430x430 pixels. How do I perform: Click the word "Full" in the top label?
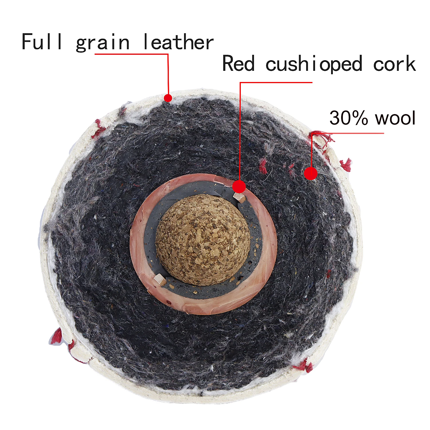[42, 42]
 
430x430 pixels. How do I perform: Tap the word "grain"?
[103, 43]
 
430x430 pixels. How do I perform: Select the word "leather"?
[178, 42]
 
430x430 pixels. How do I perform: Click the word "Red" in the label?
[239, 63]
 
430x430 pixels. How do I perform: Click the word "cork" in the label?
[394, 64]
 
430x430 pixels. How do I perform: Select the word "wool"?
[396, 118]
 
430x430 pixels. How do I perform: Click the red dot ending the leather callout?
[168, 98]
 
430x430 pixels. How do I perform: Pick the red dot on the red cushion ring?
[239, 187]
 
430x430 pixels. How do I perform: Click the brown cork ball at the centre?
[203, 240]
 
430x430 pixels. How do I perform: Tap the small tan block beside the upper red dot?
[239, 198]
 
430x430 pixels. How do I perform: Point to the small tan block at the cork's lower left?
[160, 279]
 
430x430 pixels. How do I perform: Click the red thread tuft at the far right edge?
[346, 165]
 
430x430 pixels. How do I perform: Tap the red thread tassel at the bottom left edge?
[57, 336]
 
